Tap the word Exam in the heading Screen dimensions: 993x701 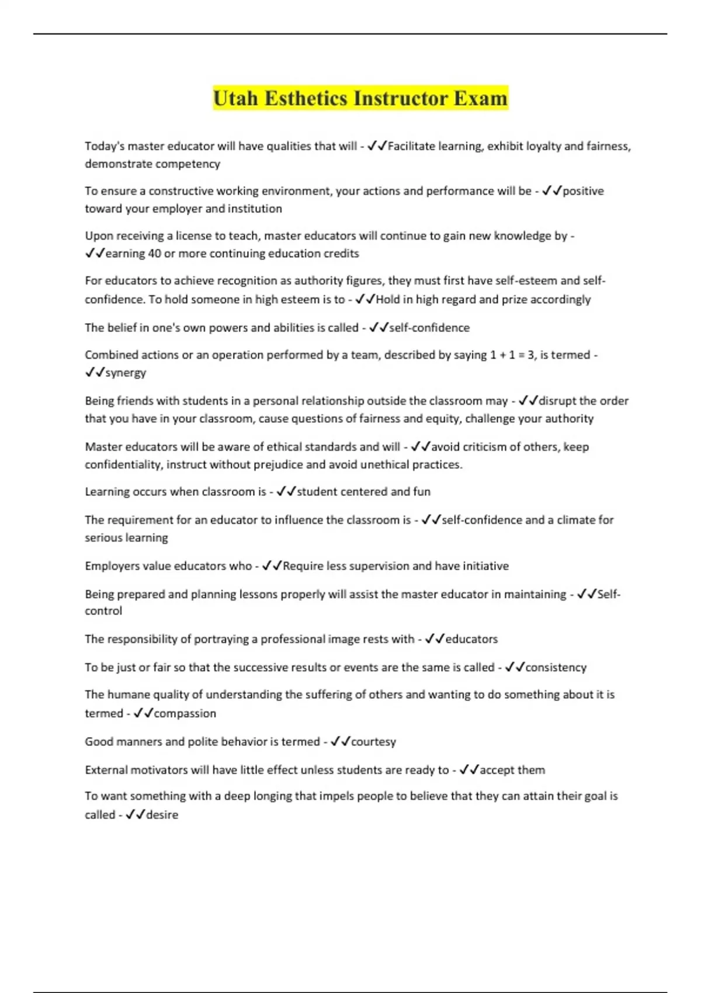point(481,98)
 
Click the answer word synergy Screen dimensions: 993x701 point(126,373)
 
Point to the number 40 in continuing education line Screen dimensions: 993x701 point(154,254)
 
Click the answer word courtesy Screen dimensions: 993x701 point(373,742)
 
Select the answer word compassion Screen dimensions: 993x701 point(185,713)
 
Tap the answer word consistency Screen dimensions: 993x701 point(556,667)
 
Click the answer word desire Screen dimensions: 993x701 point(162,815)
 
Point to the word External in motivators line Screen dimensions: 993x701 point(106,770)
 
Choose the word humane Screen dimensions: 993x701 point(128,695)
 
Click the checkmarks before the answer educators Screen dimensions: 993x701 point(435,639)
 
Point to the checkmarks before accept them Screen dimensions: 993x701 point(469,770)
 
